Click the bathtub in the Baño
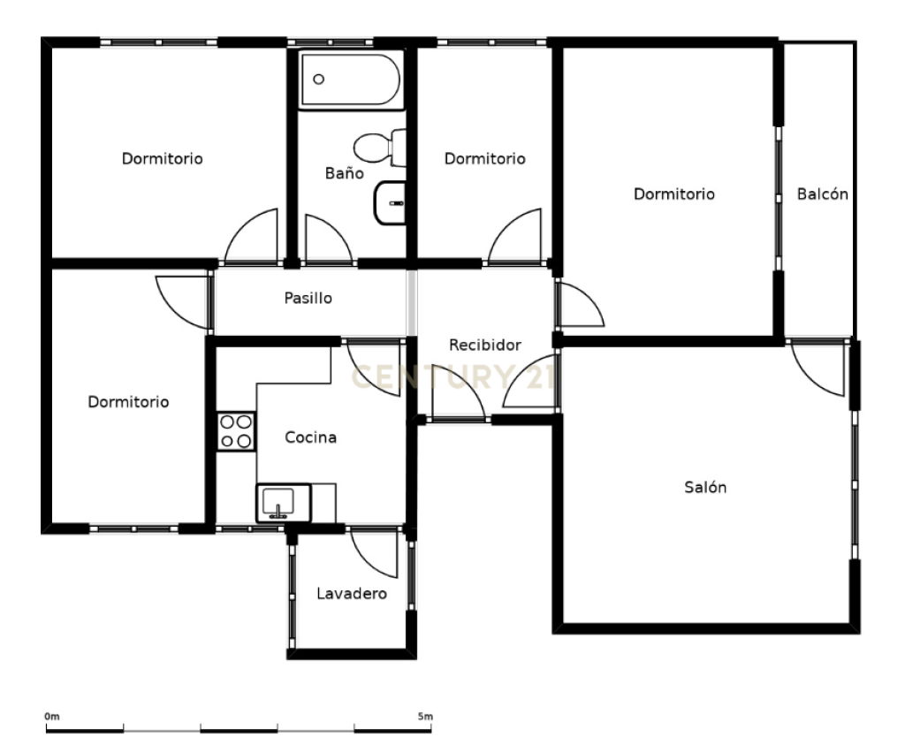tap(350, 80)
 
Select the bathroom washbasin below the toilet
tap(390, 202)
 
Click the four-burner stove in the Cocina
tap(236, 430)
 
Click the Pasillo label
tap(308, 298)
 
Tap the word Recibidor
tap(485, 345)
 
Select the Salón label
tap(705, 487)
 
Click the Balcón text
tap(823, 194)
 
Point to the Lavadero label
tap(352, 593)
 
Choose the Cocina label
tap(310, 437)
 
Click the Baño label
tap(345, 172)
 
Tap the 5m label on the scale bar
tap(425, 717)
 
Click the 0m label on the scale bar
tap(52, 717)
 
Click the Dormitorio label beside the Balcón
tap(674, 194)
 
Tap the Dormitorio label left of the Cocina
tap(128, 402)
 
